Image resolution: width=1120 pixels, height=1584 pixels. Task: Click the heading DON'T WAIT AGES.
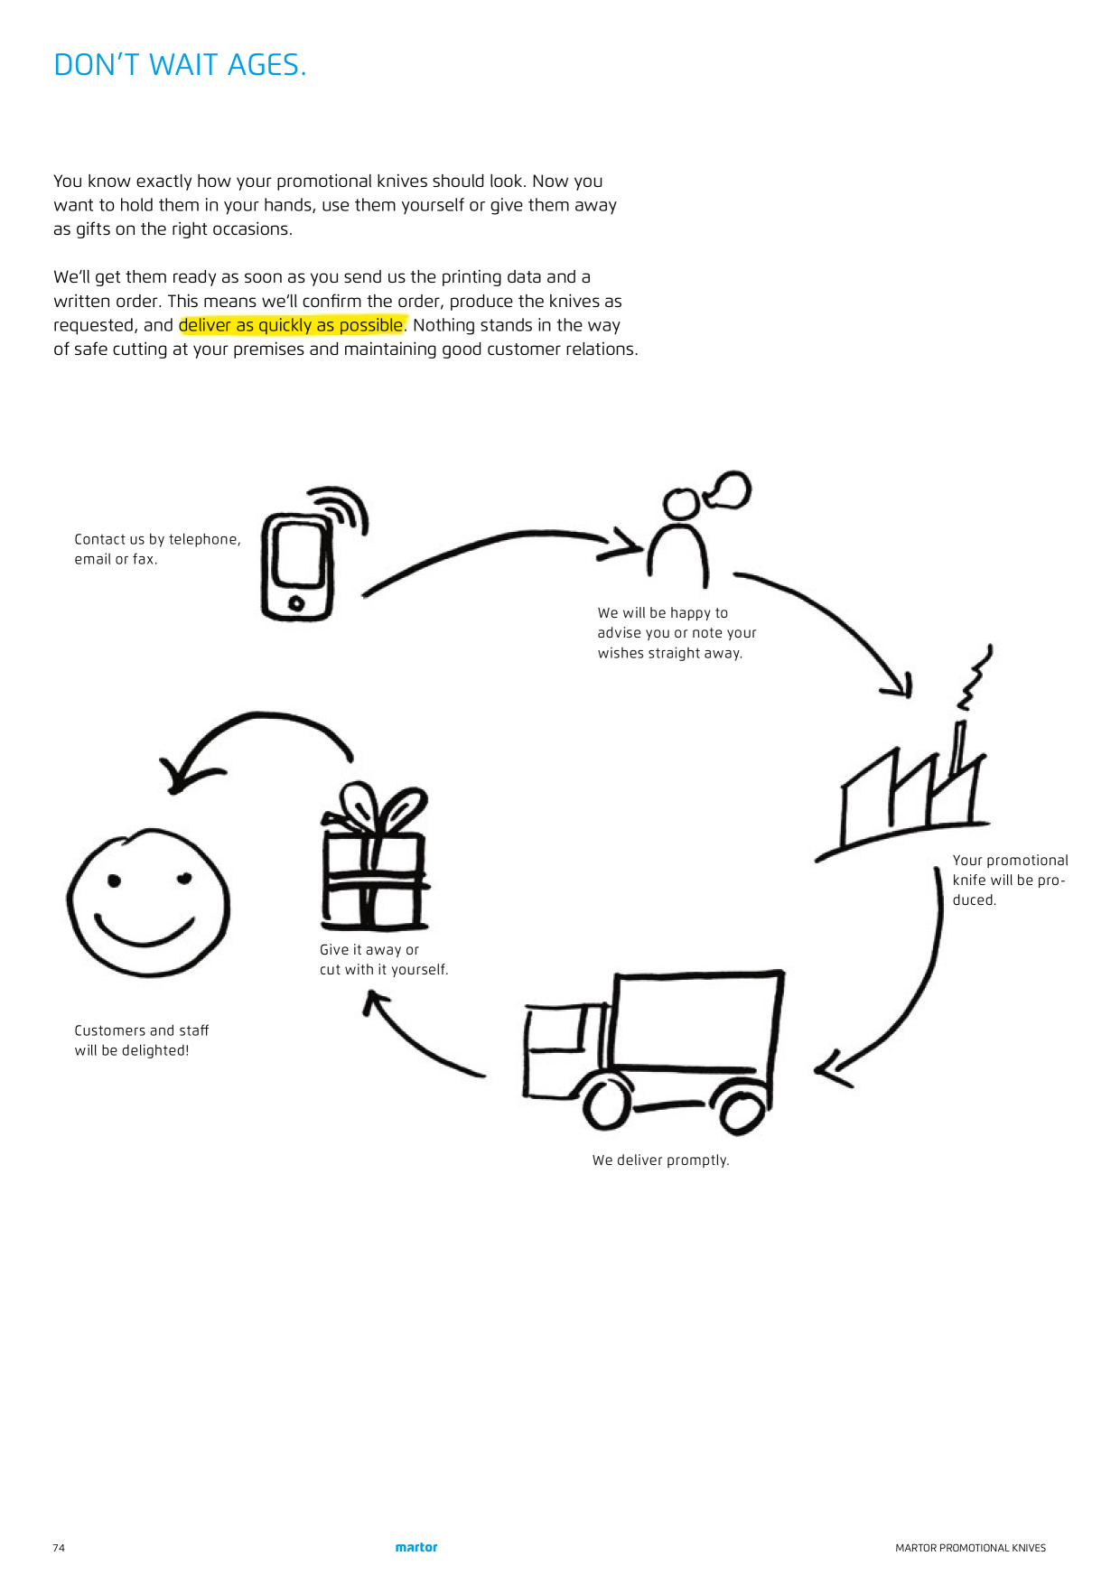(x=180, y=65)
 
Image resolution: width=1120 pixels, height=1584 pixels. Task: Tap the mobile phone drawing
(x=312, y=554)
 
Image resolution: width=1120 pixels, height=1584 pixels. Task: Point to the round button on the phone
(x=296, y=603)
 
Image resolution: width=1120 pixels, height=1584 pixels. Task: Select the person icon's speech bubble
(x=728, y=489)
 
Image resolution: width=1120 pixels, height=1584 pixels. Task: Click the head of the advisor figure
(x=680, y=504)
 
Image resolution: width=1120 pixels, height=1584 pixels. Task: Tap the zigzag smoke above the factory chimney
(x=975, y=677)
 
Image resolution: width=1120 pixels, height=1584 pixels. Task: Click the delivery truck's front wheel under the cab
(x=606, y=1102)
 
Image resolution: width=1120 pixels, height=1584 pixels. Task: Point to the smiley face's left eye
(x=115, y=881)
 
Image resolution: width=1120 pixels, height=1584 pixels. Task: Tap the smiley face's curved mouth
(x=145, y=932)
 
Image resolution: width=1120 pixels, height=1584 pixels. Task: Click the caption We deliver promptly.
(x=660, y=1160)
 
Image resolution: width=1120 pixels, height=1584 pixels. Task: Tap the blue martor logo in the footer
(x=416, y=1547)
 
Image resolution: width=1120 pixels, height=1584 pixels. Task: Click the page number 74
(x=59, y=1548)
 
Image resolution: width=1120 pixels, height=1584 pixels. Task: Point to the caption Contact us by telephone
(x=157, y=539)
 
